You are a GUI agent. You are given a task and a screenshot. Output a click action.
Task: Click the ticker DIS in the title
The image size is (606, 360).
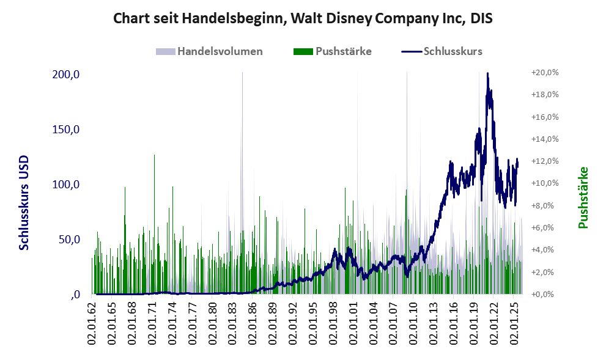481,18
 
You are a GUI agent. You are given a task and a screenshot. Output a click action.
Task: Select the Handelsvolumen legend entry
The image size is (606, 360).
209,51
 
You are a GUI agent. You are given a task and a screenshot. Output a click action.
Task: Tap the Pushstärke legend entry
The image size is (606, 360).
333,51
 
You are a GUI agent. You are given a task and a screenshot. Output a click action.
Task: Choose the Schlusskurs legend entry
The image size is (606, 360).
442,51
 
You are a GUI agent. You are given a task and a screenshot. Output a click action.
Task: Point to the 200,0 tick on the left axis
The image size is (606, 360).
65,74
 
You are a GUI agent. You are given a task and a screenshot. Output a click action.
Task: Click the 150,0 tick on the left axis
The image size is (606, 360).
65,130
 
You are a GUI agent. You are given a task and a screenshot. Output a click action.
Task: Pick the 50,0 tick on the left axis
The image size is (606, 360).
69,240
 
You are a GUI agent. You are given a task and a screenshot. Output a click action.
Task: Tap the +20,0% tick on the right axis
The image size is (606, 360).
545,73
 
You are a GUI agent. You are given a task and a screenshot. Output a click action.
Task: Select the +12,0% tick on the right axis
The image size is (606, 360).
545,161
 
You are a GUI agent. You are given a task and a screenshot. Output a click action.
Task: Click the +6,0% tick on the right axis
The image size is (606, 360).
545,227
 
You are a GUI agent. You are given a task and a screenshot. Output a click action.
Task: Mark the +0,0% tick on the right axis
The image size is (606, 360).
545,295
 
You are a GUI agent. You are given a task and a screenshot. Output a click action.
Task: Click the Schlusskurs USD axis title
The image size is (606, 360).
24,203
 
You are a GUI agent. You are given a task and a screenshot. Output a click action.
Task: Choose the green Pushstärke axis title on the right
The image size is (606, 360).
583,197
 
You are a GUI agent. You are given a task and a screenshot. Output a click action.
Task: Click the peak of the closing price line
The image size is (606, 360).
487,73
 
